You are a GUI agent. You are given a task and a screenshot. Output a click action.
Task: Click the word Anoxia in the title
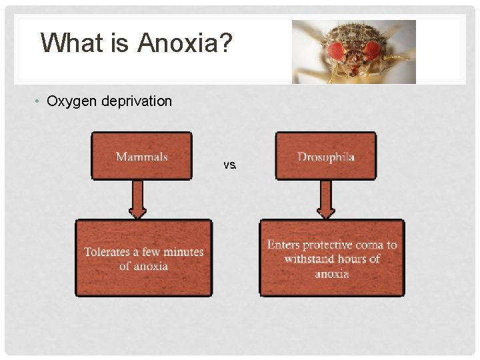179,43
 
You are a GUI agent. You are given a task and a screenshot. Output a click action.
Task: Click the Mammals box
141,156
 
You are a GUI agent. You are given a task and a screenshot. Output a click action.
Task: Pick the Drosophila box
325,156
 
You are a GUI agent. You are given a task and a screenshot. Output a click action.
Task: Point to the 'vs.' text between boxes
230,165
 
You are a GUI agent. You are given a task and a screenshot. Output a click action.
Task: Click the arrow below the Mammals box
137,199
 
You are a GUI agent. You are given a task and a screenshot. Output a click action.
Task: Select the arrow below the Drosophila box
326,199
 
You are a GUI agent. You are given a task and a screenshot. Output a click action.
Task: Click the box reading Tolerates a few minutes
143,258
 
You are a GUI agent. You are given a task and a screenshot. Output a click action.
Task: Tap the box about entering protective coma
331,258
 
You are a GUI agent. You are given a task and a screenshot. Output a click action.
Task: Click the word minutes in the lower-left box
183,251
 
